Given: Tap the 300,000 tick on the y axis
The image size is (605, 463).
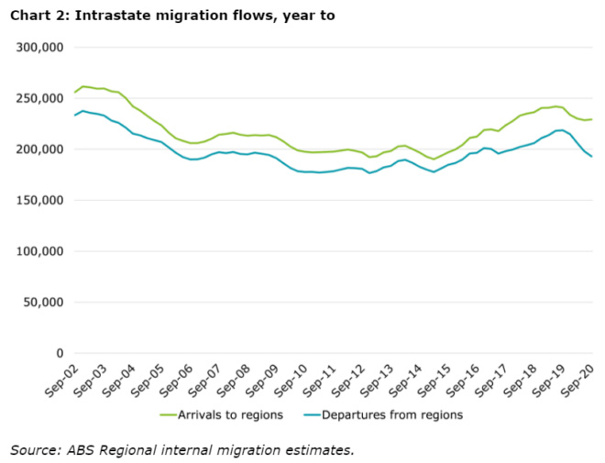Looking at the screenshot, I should point(39,48).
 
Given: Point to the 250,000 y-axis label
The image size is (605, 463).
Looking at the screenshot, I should point(39,98).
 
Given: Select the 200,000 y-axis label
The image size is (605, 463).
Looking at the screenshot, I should point(39,149).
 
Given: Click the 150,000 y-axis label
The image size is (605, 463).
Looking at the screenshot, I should point(39,200).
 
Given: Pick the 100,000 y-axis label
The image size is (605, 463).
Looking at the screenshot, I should point(39,251).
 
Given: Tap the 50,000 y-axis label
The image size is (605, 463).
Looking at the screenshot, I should point(43,303).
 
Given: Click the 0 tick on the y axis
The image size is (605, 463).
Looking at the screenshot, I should point(58,353).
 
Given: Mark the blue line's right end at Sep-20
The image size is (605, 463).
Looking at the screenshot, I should point(591,157).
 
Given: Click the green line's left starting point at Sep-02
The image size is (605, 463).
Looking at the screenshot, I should point(74,93).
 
